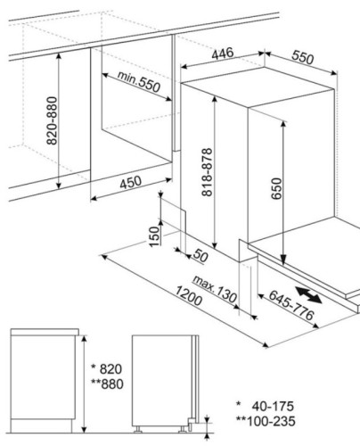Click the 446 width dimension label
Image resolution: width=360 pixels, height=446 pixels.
(223, 54)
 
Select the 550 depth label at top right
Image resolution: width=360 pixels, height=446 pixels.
(302, 57)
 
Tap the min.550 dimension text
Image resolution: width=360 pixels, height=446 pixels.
(139, 81)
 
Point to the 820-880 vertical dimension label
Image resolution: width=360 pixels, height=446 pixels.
(52, 120)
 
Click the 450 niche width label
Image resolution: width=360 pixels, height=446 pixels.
(131, 182)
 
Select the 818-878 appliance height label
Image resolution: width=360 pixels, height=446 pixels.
(207, 172)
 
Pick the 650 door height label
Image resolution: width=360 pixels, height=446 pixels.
(276, 188)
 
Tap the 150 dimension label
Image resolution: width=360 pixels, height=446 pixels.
(154, 236)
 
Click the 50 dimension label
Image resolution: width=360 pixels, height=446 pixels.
(200, 256)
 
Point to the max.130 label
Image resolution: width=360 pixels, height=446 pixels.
(215, 289)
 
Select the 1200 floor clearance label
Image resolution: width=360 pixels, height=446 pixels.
(189, 295)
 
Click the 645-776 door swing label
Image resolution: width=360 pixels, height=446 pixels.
(291, 305)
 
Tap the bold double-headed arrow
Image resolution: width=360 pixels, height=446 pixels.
(308, 294)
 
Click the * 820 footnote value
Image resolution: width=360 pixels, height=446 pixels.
(106, 369)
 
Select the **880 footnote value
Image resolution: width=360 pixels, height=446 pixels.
(107, 384)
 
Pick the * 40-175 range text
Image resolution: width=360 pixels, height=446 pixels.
(265, 406)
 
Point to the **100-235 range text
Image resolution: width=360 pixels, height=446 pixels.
(266, 421)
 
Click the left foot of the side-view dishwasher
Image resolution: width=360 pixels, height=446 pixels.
(137, 429)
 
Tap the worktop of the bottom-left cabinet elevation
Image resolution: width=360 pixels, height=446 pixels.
(45, 332)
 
